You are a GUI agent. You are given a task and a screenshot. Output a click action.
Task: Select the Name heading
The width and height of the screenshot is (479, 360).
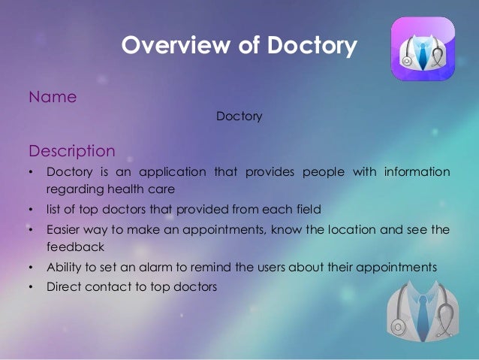(x=52, y=97)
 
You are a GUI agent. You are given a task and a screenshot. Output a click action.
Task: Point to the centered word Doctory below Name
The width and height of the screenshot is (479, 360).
(x=239, y=117)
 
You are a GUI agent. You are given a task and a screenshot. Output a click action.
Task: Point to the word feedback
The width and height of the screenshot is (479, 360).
(x=72, y=246)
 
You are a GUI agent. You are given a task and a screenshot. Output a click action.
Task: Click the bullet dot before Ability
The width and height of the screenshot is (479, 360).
(x=32, y=266)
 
